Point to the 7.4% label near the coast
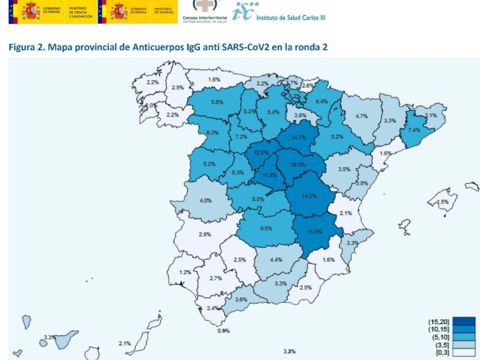pos(414,130)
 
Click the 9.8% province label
pos(266,228)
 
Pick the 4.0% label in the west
pos(206,200)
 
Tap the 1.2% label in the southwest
pos(185,272)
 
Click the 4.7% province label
pos(362,116)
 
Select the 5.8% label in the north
pos(217,102)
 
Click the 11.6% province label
pos(315,232)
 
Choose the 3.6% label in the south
pos(241,299)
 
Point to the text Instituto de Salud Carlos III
pos(290,18)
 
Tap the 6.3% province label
pos(212,133)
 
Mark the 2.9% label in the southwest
pos(205,234)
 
